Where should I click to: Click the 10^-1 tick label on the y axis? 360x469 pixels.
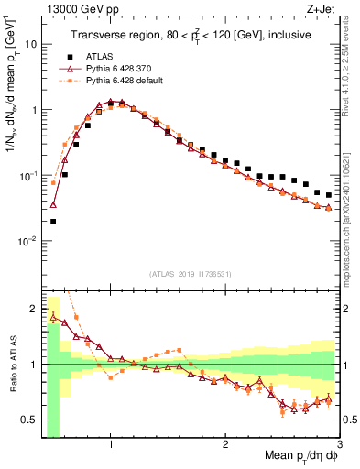pyautogui.click(x=27, y=176)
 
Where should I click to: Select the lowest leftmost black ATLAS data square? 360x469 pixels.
pyautogui.click(x=53, y=221)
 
